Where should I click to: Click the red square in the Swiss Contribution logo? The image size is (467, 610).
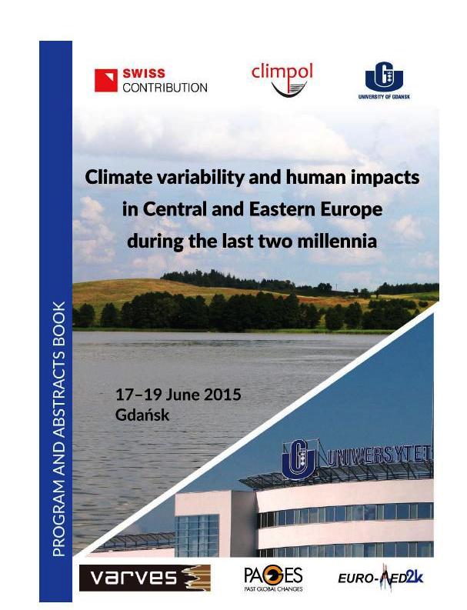pyautogui.click(x=106, y=80)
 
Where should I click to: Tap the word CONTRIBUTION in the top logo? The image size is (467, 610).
pyautogui.click(x=165, y=88)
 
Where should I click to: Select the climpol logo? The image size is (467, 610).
pyautogui.click(x=282, y=80)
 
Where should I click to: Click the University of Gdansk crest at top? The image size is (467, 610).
pyautogui.click(x=384, y=76)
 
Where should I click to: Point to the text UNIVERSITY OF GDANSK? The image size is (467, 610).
pyautogui.click(x=384, y=96)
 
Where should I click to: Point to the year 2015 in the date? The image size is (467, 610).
pyautogui.click(x=222, y=395)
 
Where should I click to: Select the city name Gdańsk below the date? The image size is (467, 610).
pyautogui.click(x=142, y=415)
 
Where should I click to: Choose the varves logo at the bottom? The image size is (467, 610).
pyautogui.click(x=145, y=578)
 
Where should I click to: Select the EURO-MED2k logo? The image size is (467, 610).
pyautogui.click(x=380, y=577)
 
